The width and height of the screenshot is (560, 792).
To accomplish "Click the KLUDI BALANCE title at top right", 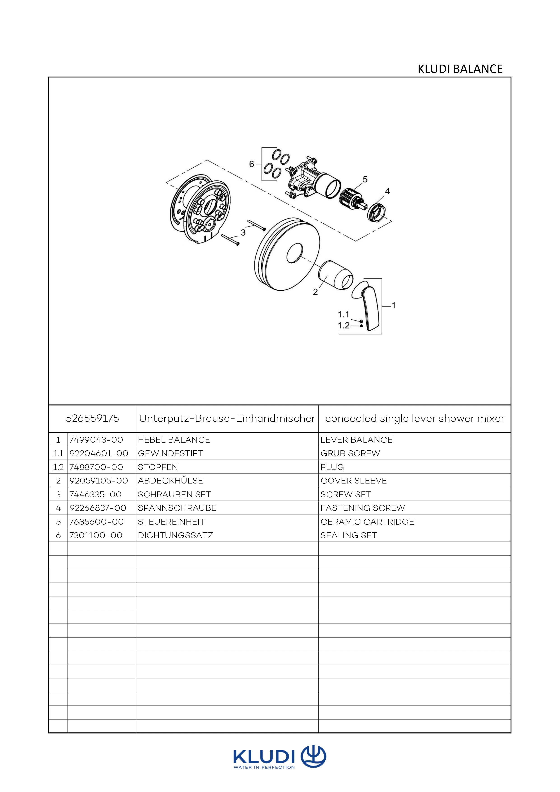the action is point(460,69).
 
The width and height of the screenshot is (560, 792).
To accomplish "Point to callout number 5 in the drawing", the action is point(365,179).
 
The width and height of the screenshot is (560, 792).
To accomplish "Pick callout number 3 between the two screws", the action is point(243,233).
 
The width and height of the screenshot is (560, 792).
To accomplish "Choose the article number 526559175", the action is point(92,419).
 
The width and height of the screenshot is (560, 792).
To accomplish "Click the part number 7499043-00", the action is point(96,440).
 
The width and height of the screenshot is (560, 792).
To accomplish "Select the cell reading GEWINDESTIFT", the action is point(170,453).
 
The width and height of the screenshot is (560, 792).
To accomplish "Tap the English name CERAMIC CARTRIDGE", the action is point(367,521).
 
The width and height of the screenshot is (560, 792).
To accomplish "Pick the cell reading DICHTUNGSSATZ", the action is point(175,535).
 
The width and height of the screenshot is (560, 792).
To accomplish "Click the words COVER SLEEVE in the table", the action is point(354,481).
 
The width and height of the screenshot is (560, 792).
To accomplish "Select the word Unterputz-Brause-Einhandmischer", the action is point(227,419).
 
